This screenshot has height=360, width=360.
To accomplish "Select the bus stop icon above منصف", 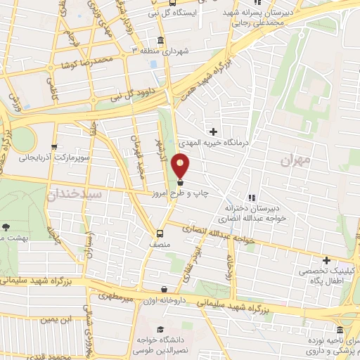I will point(160,233).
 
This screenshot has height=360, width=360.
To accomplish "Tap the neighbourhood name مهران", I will point(294,162).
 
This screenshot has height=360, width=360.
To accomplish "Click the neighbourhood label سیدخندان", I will point(77,193).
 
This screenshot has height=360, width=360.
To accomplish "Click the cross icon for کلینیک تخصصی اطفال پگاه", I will point(326,260).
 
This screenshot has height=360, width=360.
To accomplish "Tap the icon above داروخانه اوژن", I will point(164,288).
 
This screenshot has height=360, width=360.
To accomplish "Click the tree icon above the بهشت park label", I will point(6,227).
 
